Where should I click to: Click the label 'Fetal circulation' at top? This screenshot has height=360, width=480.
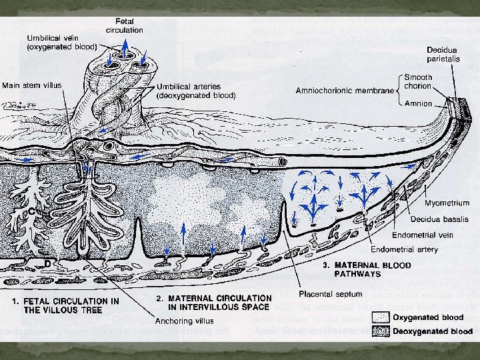point(125,25)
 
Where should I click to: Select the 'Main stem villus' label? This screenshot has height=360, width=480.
point(31,85)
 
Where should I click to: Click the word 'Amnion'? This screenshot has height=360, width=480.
point(418,103)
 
